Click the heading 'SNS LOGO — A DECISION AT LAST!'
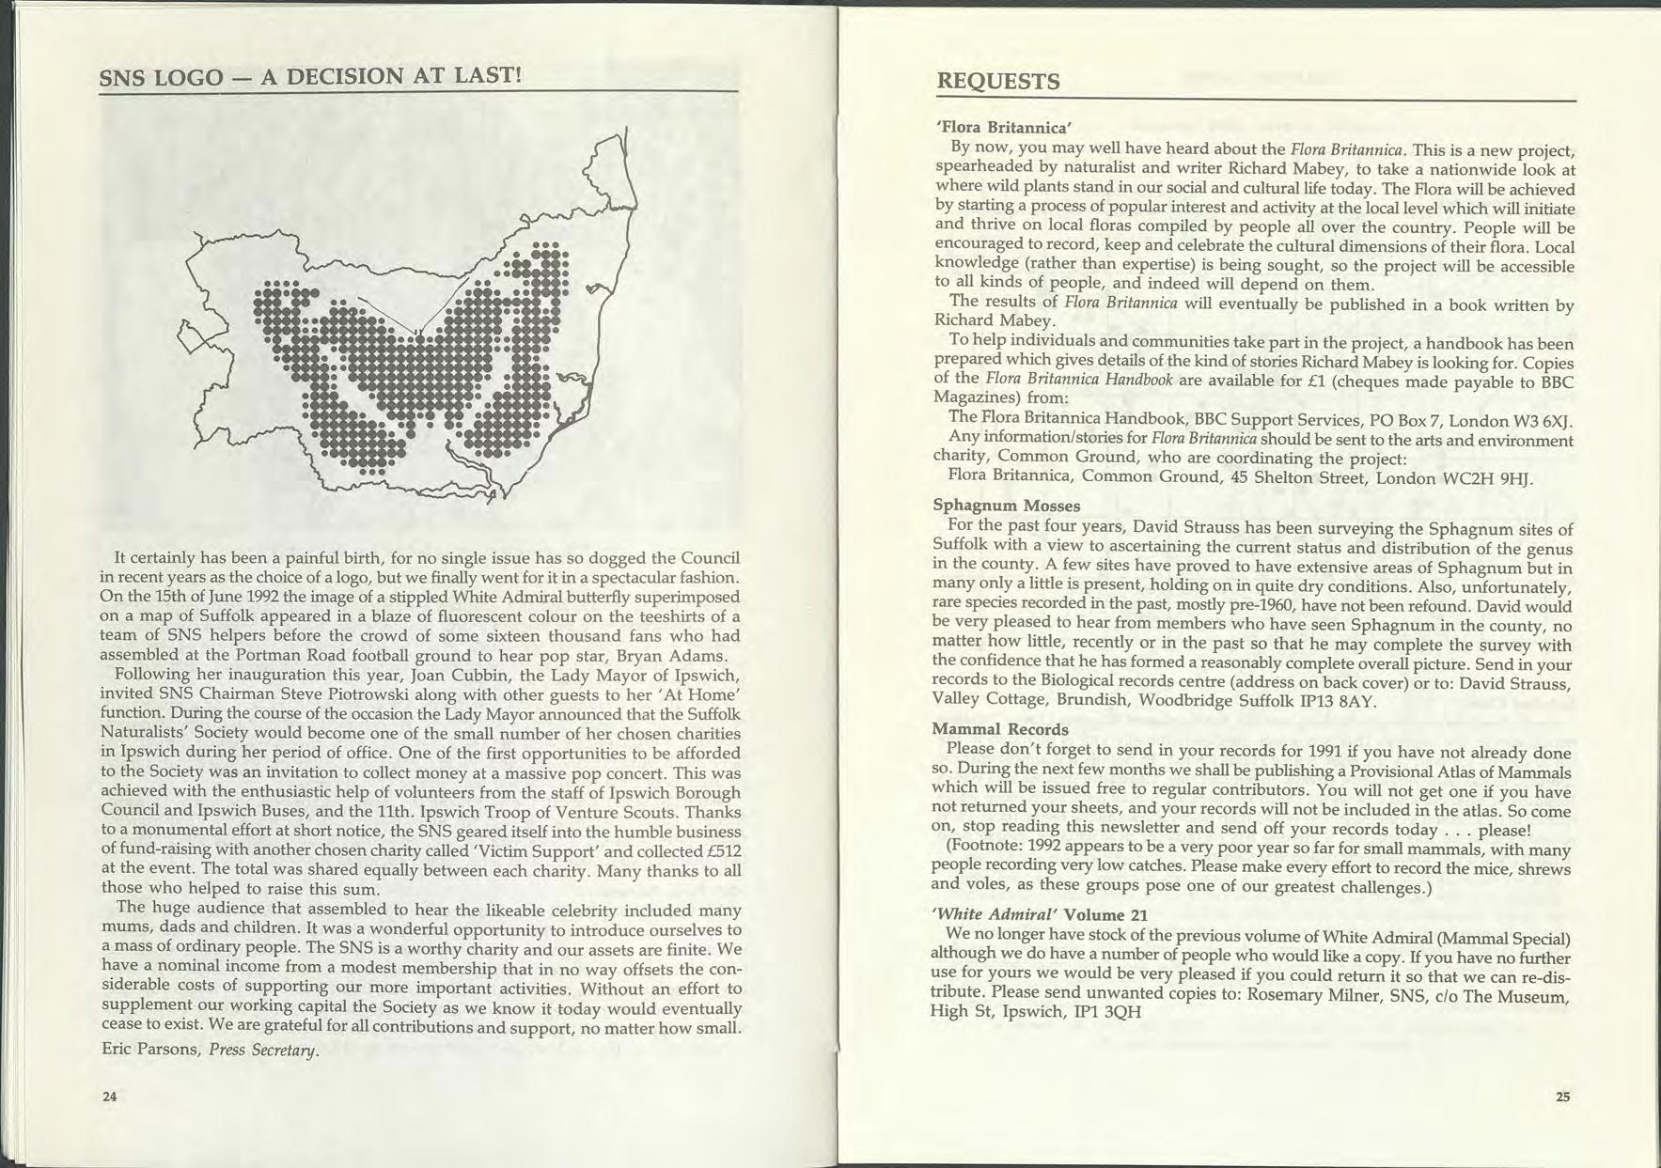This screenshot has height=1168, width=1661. click(x=310, y=75)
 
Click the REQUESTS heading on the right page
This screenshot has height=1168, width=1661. click(x=998, y=82)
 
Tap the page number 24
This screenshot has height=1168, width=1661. click(x=110, y=1096)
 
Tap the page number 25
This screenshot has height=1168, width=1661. click(x=1562, y=1096)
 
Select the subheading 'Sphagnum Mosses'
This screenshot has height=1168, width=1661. click(x=1006, y=506)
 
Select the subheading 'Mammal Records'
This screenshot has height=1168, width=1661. click(x=1000, y=729)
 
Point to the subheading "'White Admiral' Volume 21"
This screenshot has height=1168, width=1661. click(x=1040, y=914)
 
